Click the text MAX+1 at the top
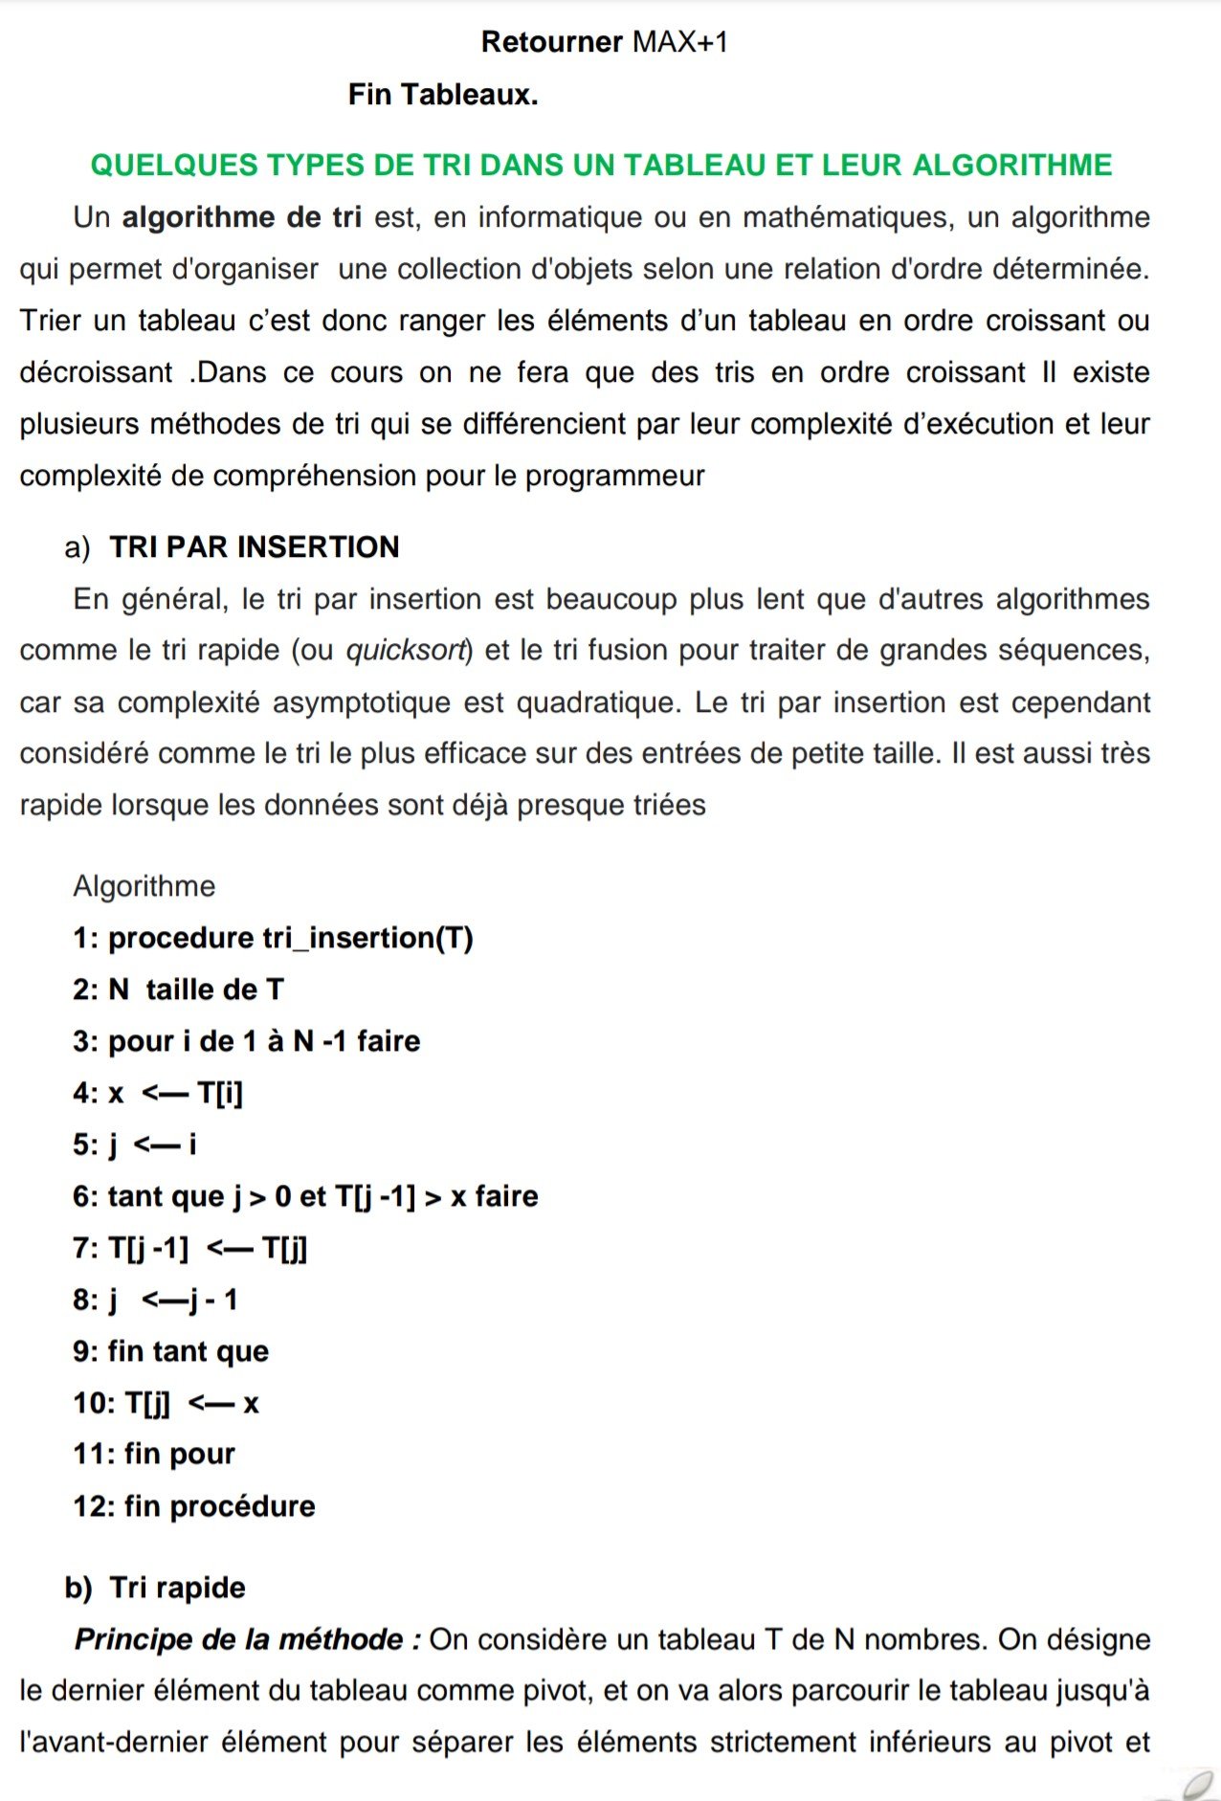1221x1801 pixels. click(680, 42)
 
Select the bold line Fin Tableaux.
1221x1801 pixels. click(443, 95)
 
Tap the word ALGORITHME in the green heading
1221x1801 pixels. click(1011, 166)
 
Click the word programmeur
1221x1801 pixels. click(614, 476)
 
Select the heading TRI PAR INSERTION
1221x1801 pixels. click(254, 547)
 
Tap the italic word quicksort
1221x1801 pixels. click(408, 651)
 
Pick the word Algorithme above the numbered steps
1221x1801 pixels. click(144, 886)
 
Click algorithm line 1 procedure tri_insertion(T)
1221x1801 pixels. click(273, 938)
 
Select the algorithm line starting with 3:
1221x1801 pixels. click(246, 1041)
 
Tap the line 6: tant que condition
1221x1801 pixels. click(305, 1196)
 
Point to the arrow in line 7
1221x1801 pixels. click(230, 1248)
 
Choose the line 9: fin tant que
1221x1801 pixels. click(171, 1351)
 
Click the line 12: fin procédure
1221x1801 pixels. click(194, 1506)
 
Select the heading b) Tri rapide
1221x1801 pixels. click(155, 1588)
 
